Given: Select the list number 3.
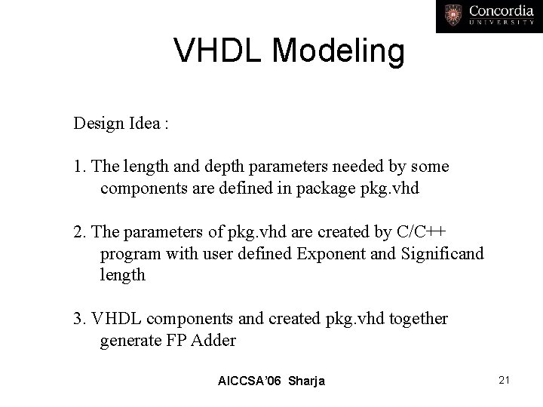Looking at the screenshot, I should (x=78, y=319).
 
